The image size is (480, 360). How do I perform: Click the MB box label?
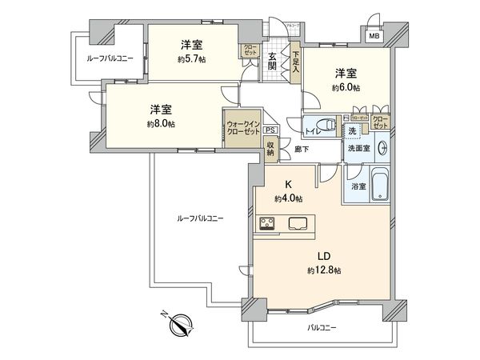[374, 35]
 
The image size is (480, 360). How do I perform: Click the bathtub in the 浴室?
[378, 186]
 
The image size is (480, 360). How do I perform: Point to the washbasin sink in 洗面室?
[382, 148]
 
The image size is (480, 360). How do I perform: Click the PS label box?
[270, 130]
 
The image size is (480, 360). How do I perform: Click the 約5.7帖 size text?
[190, 58]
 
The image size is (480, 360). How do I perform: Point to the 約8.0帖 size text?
[161, 124]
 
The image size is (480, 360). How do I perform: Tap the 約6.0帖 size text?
[346, 86]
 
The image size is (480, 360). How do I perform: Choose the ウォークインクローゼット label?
[242, 127]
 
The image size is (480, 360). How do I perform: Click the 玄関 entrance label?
[273, 61]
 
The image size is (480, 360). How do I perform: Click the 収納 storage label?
[271, 149]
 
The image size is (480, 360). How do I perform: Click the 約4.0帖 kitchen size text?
[286, 198]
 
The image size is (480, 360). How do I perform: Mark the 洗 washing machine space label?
[351, 130]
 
